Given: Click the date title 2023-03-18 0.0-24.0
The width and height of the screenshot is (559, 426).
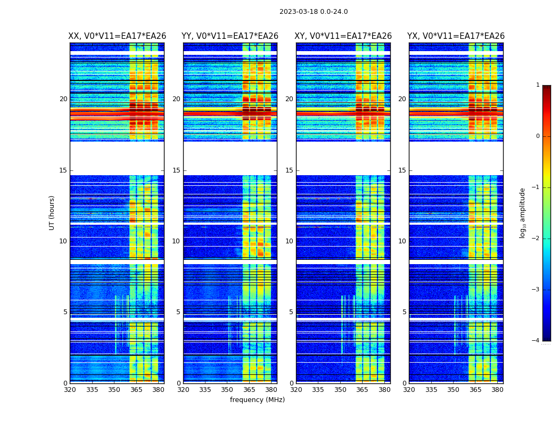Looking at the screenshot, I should click(x=314, y=12).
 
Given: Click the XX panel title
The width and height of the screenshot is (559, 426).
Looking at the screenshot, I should click(x=117, y=36).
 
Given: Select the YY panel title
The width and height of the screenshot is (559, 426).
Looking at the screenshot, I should click(x=230, y=36).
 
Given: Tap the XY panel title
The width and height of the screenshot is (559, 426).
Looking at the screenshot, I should click(x=343, y=36).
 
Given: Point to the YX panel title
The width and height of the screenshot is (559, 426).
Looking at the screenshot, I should click(x=456, y=36).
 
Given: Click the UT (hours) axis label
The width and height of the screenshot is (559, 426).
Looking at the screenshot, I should click(x=52, y=212).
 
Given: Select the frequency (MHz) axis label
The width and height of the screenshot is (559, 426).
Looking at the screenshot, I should click(x=257, y=400).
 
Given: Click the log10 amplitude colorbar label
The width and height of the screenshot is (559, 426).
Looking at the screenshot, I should click(x=523, y=212).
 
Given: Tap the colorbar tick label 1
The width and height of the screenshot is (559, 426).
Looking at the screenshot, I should click(x=538, y=85).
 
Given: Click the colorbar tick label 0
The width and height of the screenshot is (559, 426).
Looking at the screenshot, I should click(x=538, y=136).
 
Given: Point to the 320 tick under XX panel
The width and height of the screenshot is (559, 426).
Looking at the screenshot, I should click(x=70, y=390).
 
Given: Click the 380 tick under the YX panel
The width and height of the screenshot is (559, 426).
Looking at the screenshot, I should click(x=497, y=390).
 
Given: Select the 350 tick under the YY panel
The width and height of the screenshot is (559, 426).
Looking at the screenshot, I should click(x=227, y=390).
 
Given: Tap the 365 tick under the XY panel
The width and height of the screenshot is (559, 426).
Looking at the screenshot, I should click(x=362, y=390).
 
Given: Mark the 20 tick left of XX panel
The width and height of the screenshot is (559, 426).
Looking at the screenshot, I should click(x=63, y=99).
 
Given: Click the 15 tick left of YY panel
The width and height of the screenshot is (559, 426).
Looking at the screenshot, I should click(x=176, y=170).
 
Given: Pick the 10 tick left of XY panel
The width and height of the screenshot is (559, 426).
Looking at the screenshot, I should click(x=289, y=241).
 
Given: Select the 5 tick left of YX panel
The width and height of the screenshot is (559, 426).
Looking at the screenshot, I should click(x=405, y=312).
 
